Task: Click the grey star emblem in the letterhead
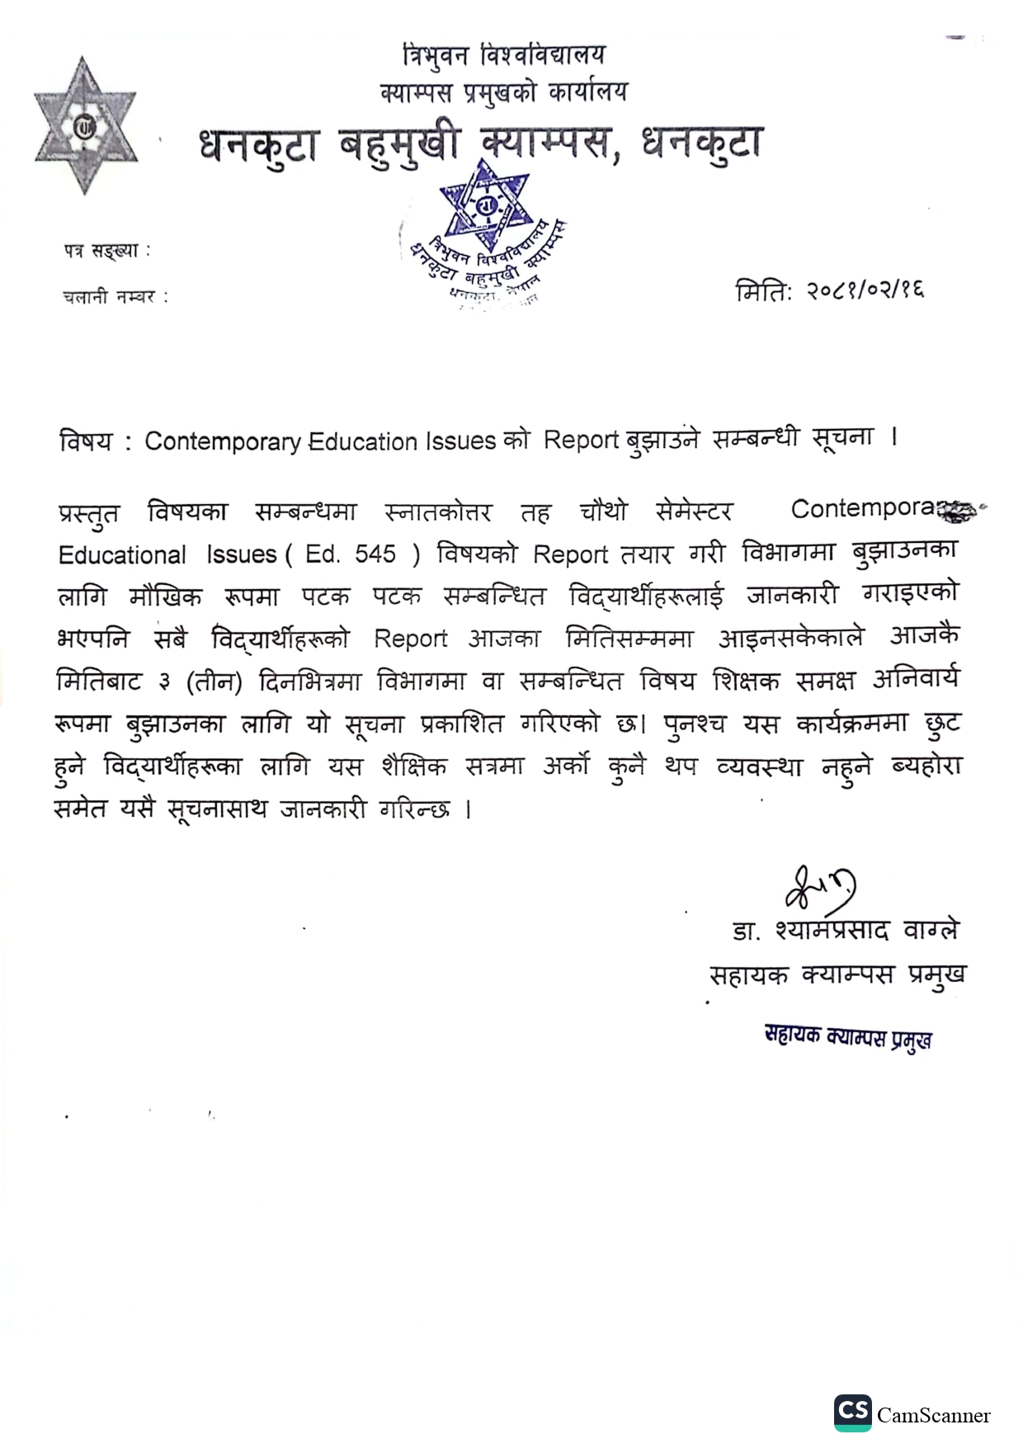coord(83,125)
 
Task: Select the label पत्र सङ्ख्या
coord(106,251)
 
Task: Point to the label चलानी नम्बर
coord(115,297)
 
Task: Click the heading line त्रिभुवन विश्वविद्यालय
coord(504,56)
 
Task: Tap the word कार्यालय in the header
coord(587,92)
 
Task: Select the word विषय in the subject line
coord(85,442)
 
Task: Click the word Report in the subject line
coord(581,440)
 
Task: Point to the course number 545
coord(375,554)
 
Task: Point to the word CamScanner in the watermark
coord(933,1415)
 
